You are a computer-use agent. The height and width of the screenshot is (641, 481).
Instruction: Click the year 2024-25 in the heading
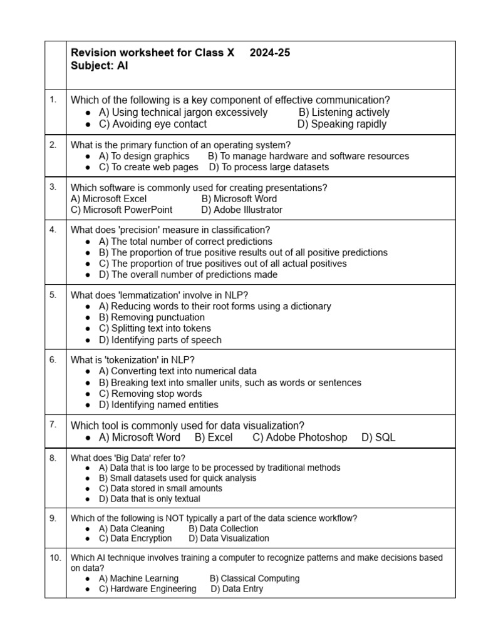point(269,53)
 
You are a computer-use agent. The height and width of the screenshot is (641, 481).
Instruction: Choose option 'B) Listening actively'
point(344,113)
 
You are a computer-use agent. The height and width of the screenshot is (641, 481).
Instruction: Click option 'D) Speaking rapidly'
point(342,124)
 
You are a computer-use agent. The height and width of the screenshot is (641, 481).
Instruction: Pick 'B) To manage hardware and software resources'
point(308,156)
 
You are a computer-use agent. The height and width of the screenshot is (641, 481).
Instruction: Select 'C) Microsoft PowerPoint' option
point(122,210)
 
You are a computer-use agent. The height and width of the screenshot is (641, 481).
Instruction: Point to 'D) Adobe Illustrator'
point(242,210)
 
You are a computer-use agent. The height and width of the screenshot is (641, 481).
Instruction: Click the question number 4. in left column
point(53,229)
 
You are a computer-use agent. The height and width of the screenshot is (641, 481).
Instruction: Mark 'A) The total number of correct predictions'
point(185,242)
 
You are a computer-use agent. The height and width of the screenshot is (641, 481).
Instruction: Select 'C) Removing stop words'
point(150,394)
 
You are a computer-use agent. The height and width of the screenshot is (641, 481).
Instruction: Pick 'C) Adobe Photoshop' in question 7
point(299,438)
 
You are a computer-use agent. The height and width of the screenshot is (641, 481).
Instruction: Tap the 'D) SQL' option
point(378,438)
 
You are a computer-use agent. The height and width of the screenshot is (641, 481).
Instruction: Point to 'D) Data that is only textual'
point(150,499)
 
